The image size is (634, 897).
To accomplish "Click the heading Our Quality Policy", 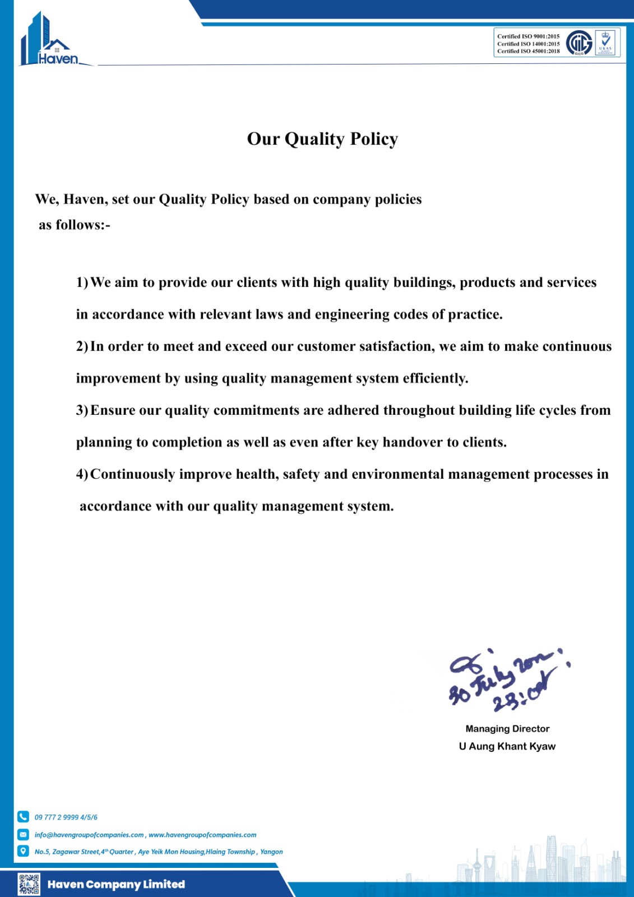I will click(322, 138).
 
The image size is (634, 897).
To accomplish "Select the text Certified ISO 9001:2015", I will click(528, 36).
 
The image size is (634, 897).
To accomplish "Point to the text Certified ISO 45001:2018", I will click(528, 51).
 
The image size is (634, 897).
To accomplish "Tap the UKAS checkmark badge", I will click(605, 43).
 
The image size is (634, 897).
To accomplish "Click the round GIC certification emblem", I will click(579, 43).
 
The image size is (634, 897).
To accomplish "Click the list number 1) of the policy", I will click(82, 283).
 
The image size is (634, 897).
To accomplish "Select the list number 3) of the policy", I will click(82, 410).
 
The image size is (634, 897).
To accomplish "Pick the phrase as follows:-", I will click(75, 225).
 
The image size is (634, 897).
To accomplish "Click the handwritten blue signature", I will click(505, 679).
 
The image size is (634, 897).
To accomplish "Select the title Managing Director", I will click(507, 729).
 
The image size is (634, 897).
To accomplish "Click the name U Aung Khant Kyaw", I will click(507, 746).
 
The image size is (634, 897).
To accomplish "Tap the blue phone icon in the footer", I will click(23, 817).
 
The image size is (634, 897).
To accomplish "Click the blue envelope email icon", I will click(23, 834).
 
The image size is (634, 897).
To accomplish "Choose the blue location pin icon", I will click(23, 851).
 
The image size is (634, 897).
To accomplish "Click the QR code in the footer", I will click(29, 884).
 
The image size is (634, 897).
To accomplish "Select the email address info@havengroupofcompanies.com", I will click(89, 835).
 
